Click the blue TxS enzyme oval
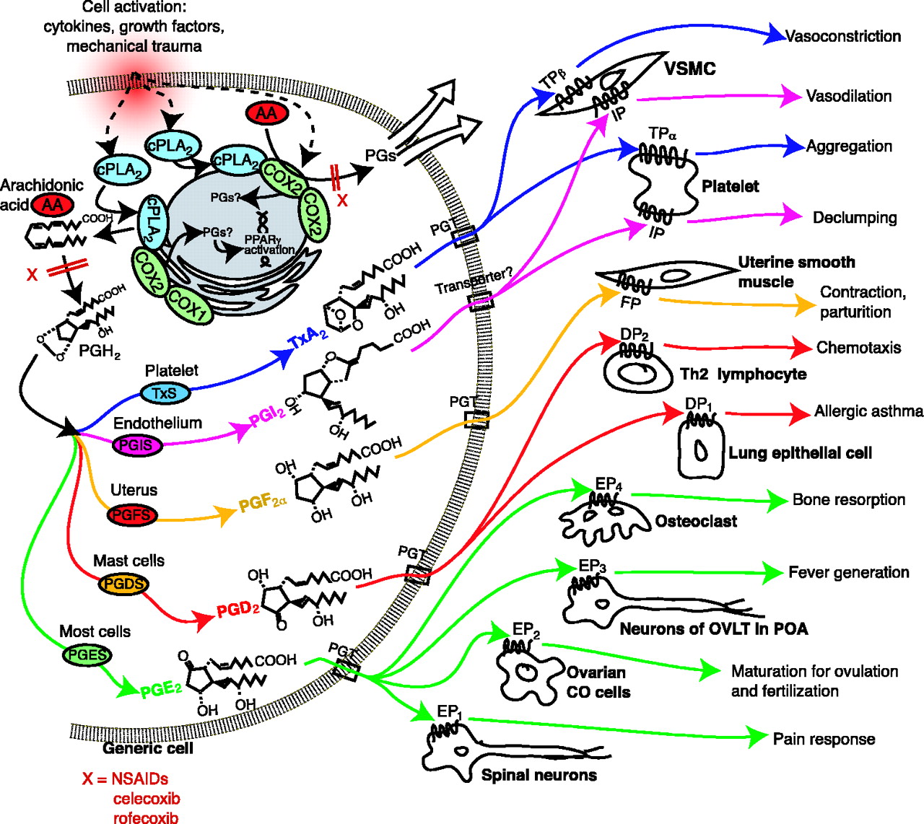(165, 393)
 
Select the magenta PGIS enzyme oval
(136, 445)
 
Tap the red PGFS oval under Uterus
(131, 515)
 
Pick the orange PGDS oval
(123, 584)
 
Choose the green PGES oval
(87, 655)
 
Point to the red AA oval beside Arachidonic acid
(52, 205)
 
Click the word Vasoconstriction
(842, 36)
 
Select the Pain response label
(824, 739)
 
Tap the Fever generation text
(848, 572)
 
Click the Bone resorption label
(848, 499)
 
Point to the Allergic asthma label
(868, 411)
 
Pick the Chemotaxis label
(858, 348)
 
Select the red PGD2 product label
(237, 610)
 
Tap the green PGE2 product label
(160, 688)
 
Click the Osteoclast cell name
(696, 521)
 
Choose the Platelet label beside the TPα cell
(730, 186)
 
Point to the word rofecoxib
(147, 818)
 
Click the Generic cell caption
(148, 748)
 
